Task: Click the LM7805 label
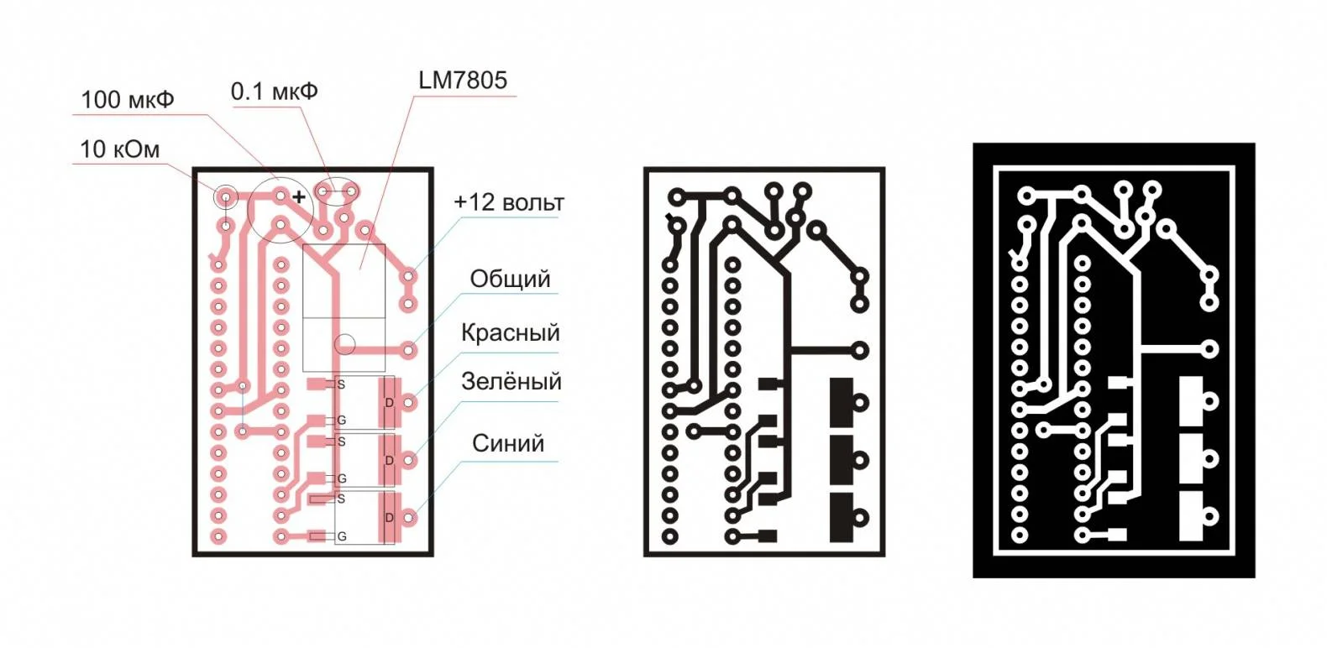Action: coord(463,80)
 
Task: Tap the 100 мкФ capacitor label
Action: coord(128,100)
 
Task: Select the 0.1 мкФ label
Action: coord(275,91)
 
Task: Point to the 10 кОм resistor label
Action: coord(119,149)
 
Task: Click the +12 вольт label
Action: coord(509,202)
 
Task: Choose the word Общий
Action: coord(510,279)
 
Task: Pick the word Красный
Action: coord(510,333)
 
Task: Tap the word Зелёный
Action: coord(511,381)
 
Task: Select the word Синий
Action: coord(507,443)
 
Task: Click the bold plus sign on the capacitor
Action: coord(299,196)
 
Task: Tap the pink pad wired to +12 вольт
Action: coord(408,276)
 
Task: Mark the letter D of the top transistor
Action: coord(389,404)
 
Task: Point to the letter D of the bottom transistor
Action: coord(389,518)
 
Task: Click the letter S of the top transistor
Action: coord(341,384)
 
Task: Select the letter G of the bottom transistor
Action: coord(342,536)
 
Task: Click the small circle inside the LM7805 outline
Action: coord(345,344)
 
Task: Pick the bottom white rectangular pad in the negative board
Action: coord(1191,516)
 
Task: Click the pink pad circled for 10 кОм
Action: coord(225,196)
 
